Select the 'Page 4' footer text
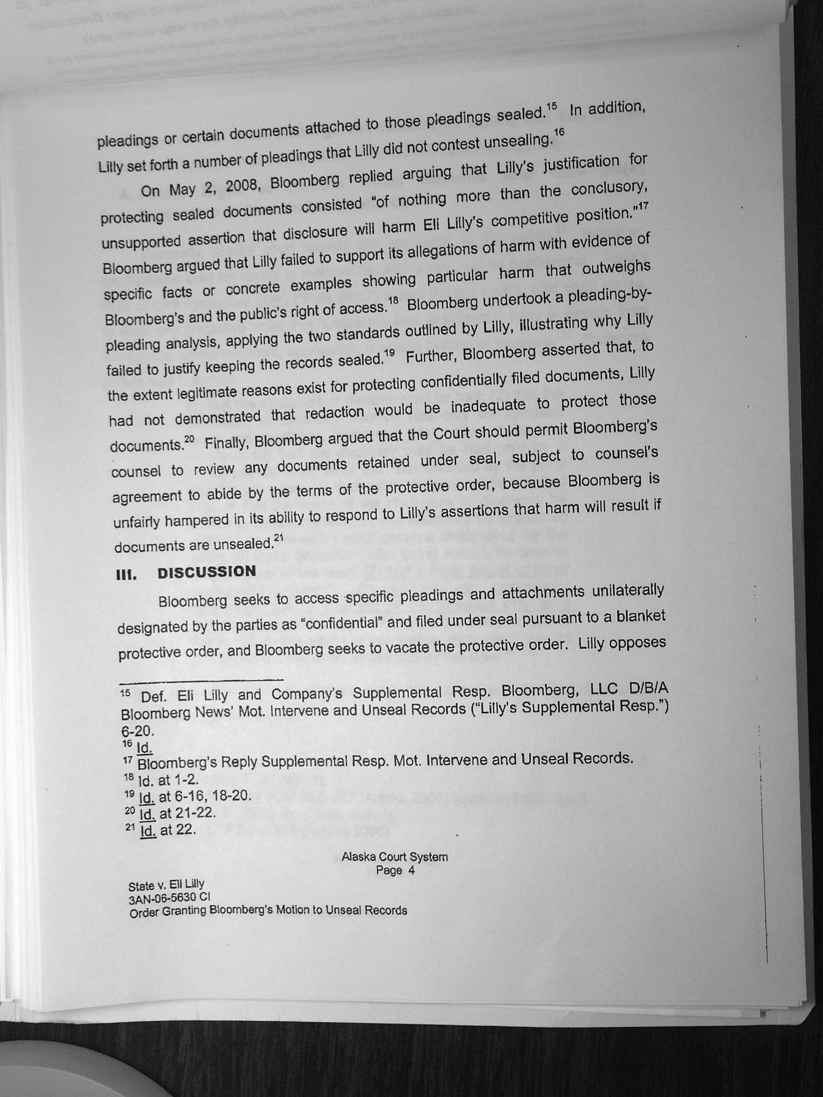point(395,870)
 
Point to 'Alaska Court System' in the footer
point(395,857)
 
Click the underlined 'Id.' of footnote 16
point(144,748)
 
